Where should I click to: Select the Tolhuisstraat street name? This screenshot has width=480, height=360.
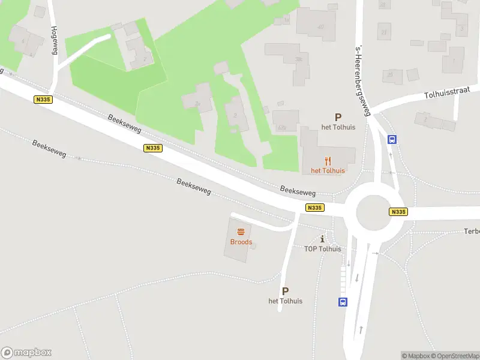point(449,95)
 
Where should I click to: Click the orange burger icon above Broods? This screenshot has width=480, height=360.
point(241,232)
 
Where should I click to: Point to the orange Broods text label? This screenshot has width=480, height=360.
point(241,242)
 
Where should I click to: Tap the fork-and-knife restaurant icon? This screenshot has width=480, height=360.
point(328,160)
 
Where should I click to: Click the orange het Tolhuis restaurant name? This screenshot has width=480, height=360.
point(328,170)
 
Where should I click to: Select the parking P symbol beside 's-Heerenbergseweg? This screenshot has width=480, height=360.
point(338,118)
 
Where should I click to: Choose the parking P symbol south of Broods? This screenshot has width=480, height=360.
point(285,291)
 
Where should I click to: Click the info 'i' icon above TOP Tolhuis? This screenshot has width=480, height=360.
point(323,239)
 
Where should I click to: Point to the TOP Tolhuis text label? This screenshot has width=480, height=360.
point(323,249)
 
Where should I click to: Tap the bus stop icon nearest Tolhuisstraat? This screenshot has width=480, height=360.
point(392,140)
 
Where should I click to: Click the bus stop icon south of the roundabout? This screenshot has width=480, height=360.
point(343,302)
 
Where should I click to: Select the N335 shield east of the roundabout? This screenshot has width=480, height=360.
point(398,212)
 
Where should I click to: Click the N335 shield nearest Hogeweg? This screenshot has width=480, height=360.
point(42,100)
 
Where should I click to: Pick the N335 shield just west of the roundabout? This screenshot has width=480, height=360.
point(314,208)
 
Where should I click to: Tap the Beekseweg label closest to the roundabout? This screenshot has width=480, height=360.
point(298,190)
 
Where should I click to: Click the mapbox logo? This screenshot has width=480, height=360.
point(26,353)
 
